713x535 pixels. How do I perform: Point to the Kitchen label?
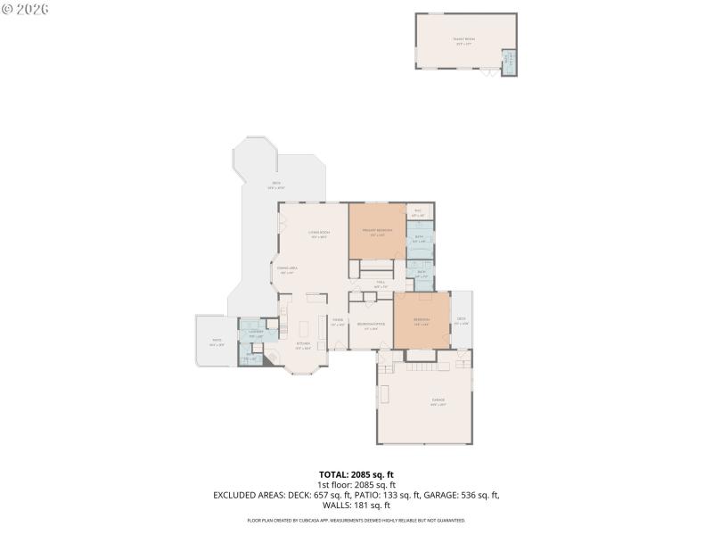click(x=304, y=344)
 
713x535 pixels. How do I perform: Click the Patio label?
click(x=216, y=340)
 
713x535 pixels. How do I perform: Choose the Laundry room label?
click(x=256, y=332)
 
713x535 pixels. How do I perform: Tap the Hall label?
click(x=380, y=283)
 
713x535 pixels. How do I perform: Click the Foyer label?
click(x=338, y=321)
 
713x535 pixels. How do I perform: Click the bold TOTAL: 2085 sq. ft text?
click(x=356, y=474)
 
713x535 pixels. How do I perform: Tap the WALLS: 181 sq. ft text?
click(x=356, y=505)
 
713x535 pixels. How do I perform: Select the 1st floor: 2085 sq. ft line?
click(x=356, y=485)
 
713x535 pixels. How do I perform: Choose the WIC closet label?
click(x=417, y=213)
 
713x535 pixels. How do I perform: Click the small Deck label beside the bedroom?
click(x=461, y=320)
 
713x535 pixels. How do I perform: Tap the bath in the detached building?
click(x=509, y=62)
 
